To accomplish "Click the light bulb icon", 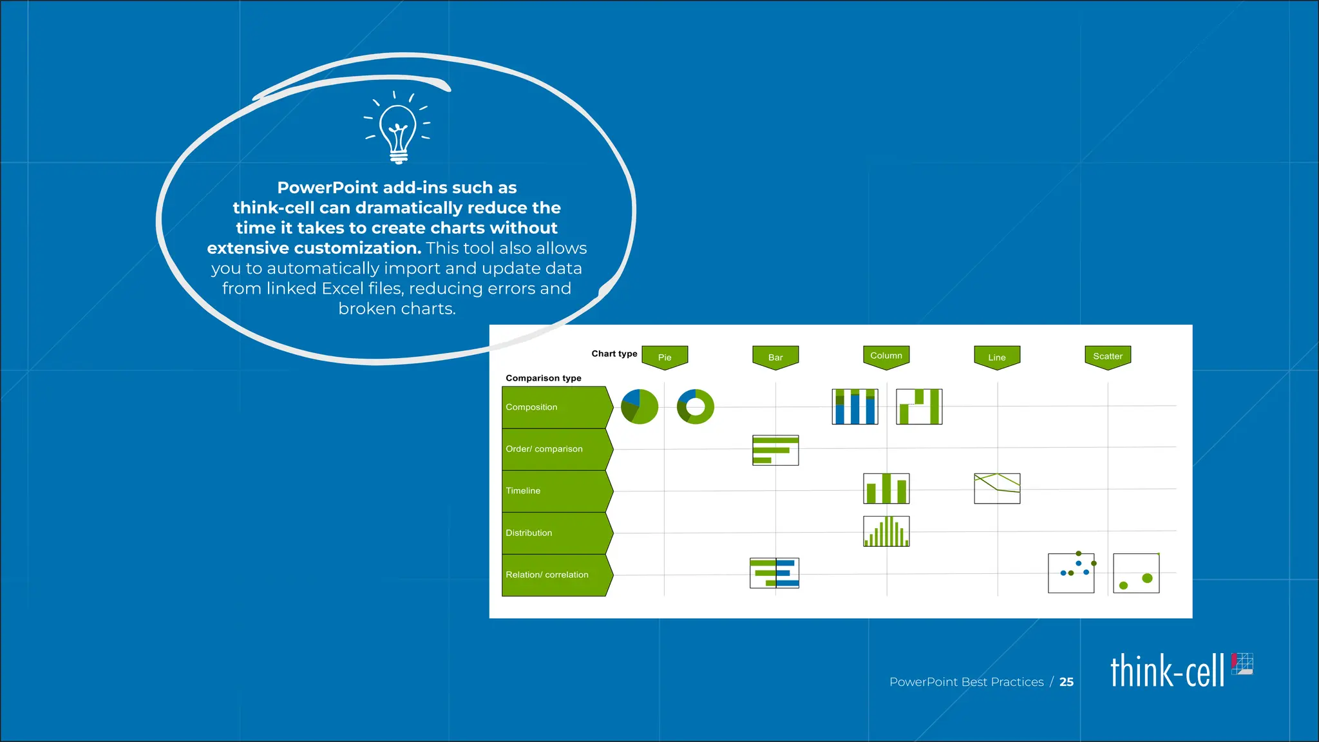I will [x=397, y=128].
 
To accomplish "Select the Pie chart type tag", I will [x=665, y=357].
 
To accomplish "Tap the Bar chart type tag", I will [x=775, y=357].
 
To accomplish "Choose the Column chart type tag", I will [x=886, y=356].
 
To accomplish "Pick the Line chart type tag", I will [x=997, y=357].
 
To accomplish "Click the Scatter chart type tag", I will [x=1108, y=356].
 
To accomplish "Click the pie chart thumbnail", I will [x=640, y=407].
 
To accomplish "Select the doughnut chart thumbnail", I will [x=696, y=407].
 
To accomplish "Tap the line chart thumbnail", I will [x=997, y=488].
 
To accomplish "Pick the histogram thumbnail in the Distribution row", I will [x=886, y=531].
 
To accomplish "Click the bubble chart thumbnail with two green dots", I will [x=1136, y=573].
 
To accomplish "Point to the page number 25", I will [x=1067, y=681].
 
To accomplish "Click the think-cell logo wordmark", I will [x=1167, y=671].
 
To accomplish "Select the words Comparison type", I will [x=544, y=378].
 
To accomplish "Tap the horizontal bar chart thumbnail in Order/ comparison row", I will [x=775, y=450].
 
